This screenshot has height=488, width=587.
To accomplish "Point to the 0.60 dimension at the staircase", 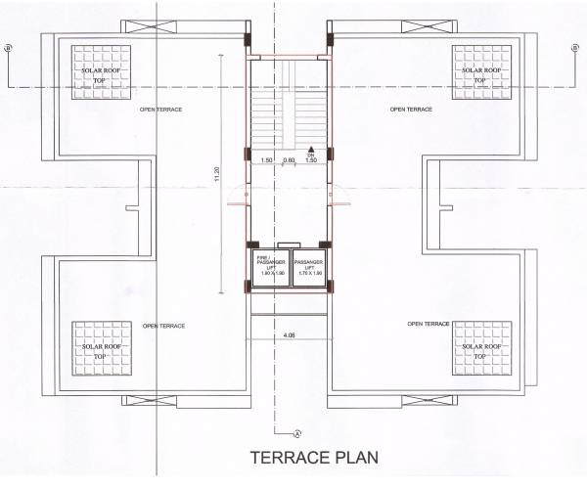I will point(289,160).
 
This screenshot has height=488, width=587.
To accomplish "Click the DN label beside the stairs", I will point(312,155).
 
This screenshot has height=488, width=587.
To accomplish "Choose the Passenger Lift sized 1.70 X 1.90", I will point(309,266).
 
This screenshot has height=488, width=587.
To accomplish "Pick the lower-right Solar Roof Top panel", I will point(480,350).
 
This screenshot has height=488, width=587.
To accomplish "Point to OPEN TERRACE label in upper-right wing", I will point(410,109).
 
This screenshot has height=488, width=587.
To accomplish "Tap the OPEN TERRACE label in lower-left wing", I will point(163,326).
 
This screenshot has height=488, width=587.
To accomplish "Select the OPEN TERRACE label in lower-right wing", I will point(429,324).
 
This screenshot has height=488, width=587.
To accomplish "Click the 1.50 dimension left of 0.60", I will point(266,160).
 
